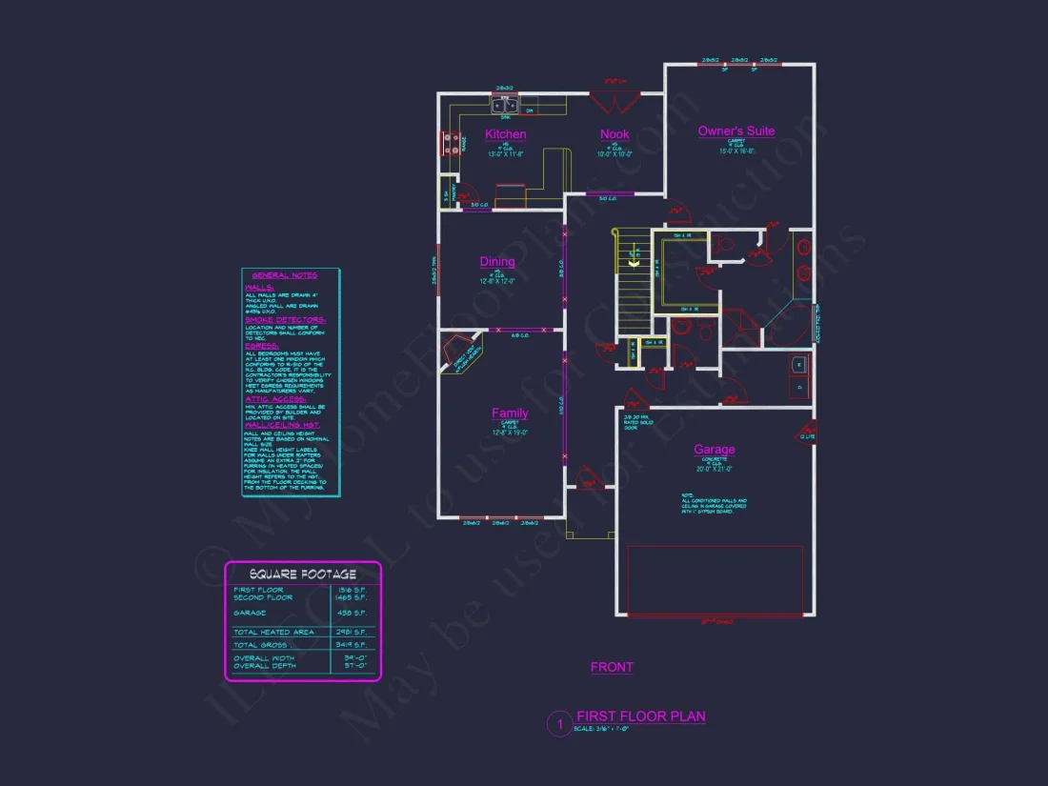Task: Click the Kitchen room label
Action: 505,134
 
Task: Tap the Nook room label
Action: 615,134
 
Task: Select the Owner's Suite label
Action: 736,131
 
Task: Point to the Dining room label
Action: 496,261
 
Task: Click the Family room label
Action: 510,413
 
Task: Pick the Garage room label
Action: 714,450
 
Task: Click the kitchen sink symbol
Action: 505,106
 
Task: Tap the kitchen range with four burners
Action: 451,144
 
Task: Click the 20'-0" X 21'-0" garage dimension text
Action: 714,469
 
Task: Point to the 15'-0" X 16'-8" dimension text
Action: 736,151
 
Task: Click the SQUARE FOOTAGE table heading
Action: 302,574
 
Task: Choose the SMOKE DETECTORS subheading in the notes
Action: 285,320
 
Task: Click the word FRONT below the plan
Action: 612,668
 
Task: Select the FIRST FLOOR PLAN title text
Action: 641,716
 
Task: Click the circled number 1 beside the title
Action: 559,725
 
